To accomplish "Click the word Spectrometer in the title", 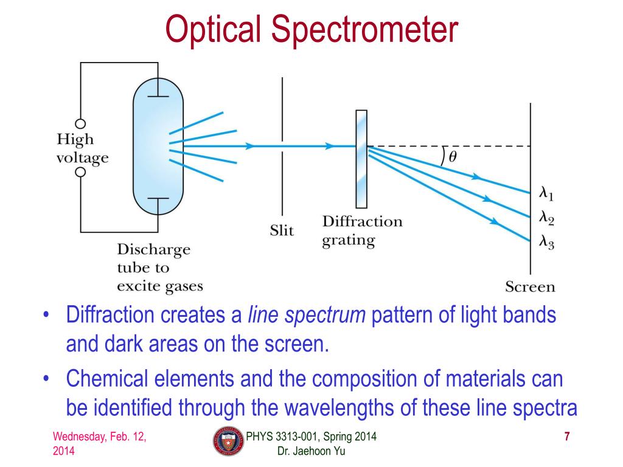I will (364, 30).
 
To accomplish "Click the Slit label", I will (282, 230).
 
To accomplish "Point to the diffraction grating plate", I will (361, 159).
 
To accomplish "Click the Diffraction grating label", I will (362, 230).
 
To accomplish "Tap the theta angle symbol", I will (453, 156).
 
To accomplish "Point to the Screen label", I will (530, 286).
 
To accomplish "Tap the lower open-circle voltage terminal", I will (80, 173).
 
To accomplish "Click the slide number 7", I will (567, 436).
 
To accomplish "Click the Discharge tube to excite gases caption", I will (159, 268).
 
